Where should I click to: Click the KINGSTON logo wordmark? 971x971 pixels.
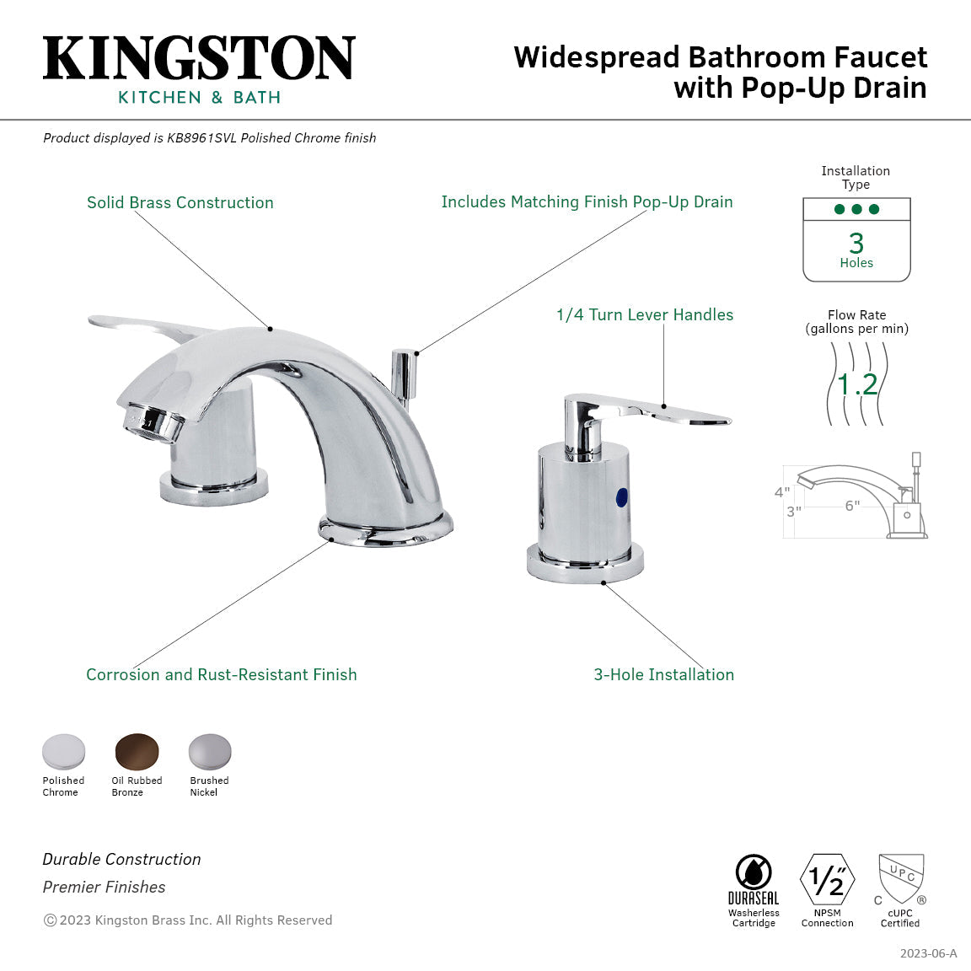coord(199,58)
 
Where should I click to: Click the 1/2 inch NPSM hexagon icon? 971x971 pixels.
coord(827,880)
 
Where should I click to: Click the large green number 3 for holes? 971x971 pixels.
coord(856,243)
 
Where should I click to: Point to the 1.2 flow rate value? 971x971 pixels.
coord(857,384)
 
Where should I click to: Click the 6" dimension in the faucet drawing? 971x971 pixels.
coord(852,506)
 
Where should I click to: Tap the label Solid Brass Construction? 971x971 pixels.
coord(180,202)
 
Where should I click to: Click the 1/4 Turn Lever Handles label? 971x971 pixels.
coord(645,314)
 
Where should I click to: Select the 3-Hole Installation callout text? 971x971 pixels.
coord(663,674)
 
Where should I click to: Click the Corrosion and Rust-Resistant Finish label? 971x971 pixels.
coord(222,674)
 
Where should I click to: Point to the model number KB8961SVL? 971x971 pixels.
coord(201,138)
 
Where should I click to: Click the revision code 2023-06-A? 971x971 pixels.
coord(928,953)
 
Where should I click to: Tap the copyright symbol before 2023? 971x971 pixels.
coord(50,920)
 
